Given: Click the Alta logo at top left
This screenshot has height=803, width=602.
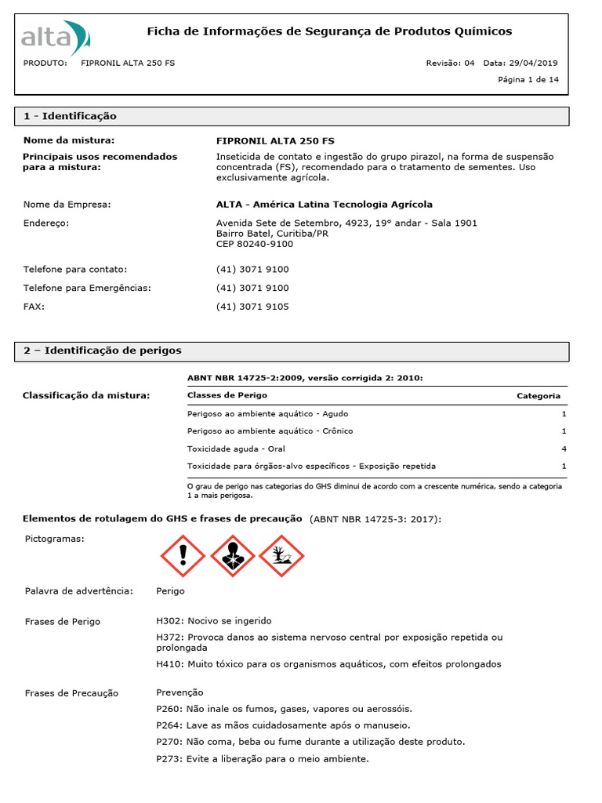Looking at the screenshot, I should coord(56,36).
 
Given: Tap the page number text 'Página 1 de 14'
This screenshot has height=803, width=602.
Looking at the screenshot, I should coord(528,80).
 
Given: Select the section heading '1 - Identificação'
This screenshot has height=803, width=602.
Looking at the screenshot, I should coord(70,116).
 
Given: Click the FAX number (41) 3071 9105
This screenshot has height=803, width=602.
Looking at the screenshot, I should coord(252,307).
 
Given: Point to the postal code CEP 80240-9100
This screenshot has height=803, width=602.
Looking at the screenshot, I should coord(255,244).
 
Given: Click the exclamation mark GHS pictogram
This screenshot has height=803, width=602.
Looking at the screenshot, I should coord(183,556).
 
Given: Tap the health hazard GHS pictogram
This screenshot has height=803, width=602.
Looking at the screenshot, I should coord(232,556).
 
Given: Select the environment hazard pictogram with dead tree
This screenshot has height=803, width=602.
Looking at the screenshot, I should coord(281,556).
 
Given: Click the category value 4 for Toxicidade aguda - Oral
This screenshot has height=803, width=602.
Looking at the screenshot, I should coord(564,449).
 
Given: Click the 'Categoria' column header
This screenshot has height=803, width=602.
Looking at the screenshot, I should coord(539,396).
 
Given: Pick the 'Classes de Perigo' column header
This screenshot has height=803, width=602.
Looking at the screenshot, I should coord(227,396).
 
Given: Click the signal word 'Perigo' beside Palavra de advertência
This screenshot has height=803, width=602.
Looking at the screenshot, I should coord(171,590).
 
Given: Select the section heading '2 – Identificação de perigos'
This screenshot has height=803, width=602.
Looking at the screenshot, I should coord(102,351).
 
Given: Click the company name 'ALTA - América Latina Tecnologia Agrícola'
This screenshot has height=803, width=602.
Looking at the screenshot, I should coord(324,205).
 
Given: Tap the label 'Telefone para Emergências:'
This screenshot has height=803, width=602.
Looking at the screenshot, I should coord(87,288).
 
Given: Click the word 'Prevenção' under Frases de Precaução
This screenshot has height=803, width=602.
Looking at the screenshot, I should coord(180,692).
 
